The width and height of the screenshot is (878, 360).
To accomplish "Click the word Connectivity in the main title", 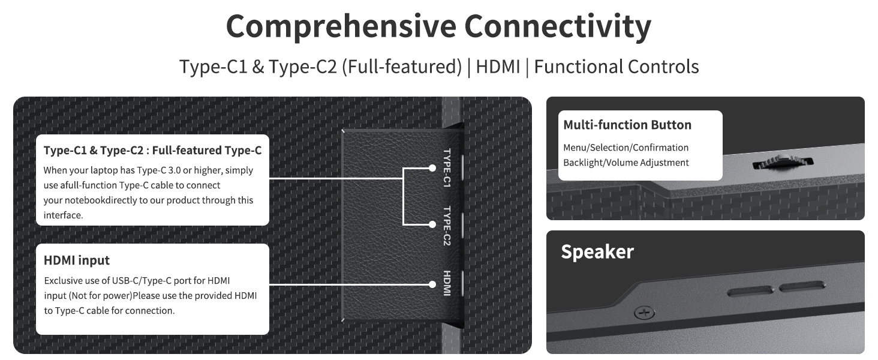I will tap(558, 26).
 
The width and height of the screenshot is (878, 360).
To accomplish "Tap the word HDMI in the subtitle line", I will tap(498, 66).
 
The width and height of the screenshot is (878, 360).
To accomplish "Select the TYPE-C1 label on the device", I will tap(447, 168).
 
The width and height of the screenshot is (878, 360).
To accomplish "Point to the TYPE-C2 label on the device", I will tap(447, 226).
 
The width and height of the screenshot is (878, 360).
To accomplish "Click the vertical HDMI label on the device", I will tap(447, 283).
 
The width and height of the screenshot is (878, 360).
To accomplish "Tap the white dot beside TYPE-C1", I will tap(432, 168).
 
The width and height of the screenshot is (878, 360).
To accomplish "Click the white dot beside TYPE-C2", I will tap(432, 224).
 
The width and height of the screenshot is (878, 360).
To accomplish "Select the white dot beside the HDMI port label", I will tap(432, 284).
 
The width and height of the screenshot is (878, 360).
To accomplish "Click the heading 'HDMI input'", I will tap(77, 260).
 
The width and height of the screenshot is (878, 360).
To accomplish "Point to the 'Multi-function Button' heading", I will tap(627, 125).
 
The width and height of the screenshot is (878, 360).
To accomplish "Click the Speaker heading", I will tap(597, 251).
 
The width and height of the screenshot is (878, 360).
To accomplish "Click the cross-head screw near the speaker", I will tap(644, 313).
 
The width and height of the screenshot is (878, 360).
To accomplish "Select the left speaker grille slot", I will tap(750, 292).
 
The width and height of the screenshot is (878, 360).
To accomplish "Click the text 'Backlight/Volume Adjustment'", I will tap(626, 163).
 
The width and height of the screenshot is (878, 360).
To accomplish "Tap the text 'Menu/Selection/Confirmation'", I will tap(626, 148).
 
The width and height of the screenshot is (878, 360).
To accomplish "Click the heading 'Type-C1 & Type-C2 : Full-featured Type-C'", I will tap(152, 150).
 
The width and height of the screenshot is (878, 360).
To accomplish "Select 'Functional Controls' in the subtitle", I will tap(617, 66).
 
